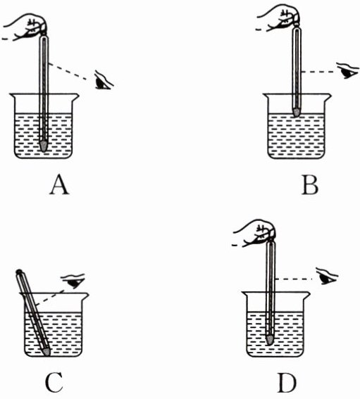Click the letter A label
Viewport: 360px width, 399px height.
click(59, 186)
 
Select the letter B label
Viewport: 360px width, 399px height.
click(310, 186)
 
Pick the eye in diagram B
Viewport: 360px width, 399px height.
click(347, 70)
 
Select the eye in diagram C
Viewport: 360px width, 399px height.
click(74, 280)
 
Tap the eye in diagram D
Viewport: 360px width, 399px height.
click(327, 277)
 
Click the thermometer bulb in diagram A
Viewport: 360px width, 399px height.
click(44, 146)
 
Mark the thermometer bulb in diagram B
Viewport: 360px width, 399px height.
click(296, 112)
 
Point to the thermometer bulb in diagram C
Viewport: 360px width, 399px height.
click(46, 351)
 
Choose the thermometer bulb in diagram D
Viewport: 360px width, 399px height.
click(269, 339)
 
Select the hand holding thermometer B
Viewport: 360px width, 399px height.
click(280, 18)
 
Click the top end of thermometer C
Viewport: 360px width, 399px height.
click(18, 272)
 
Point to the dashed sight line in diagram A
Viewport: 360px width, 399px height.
click(70, 72)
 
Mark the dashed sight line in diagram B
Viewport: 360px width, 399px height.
click(318, 72)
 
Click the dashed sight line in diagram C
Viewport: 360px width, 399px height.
click(50, 297)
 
